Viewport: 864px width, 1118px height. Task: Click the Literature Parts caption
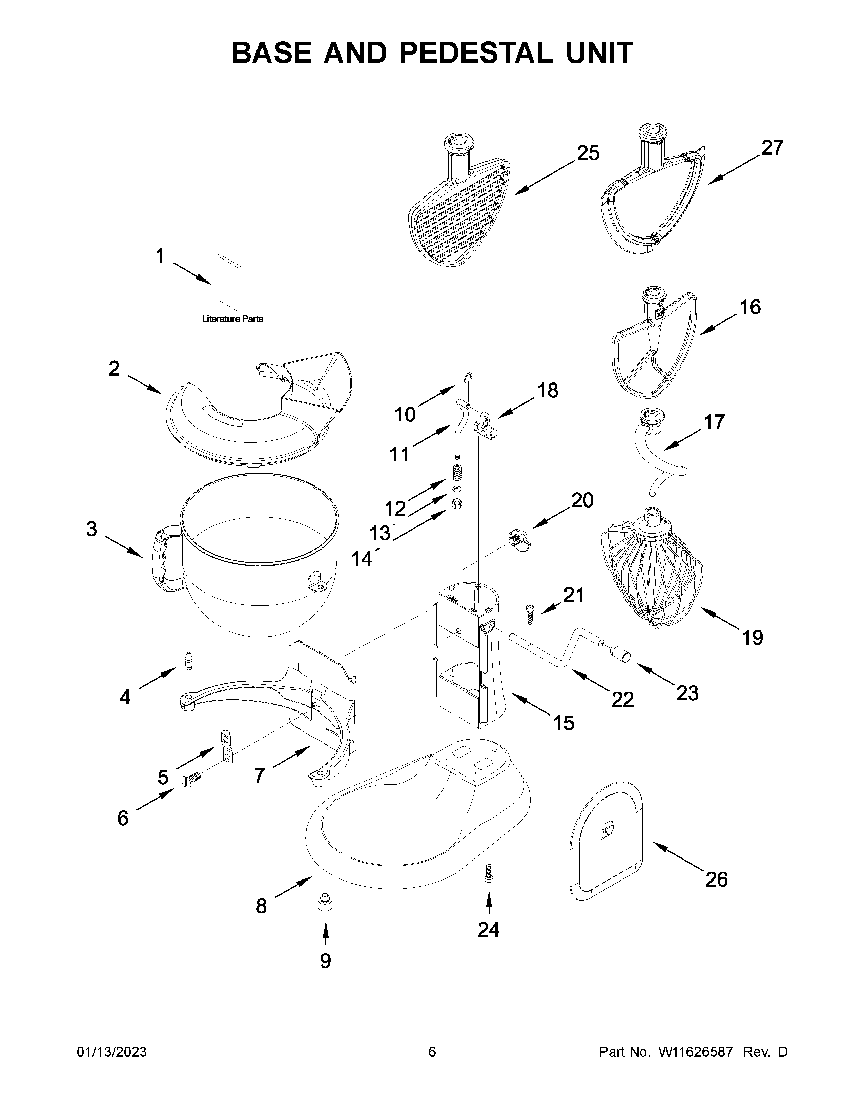click(232, 319)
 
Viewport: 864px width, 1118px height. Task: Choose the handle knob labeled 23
click(620, 653)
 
